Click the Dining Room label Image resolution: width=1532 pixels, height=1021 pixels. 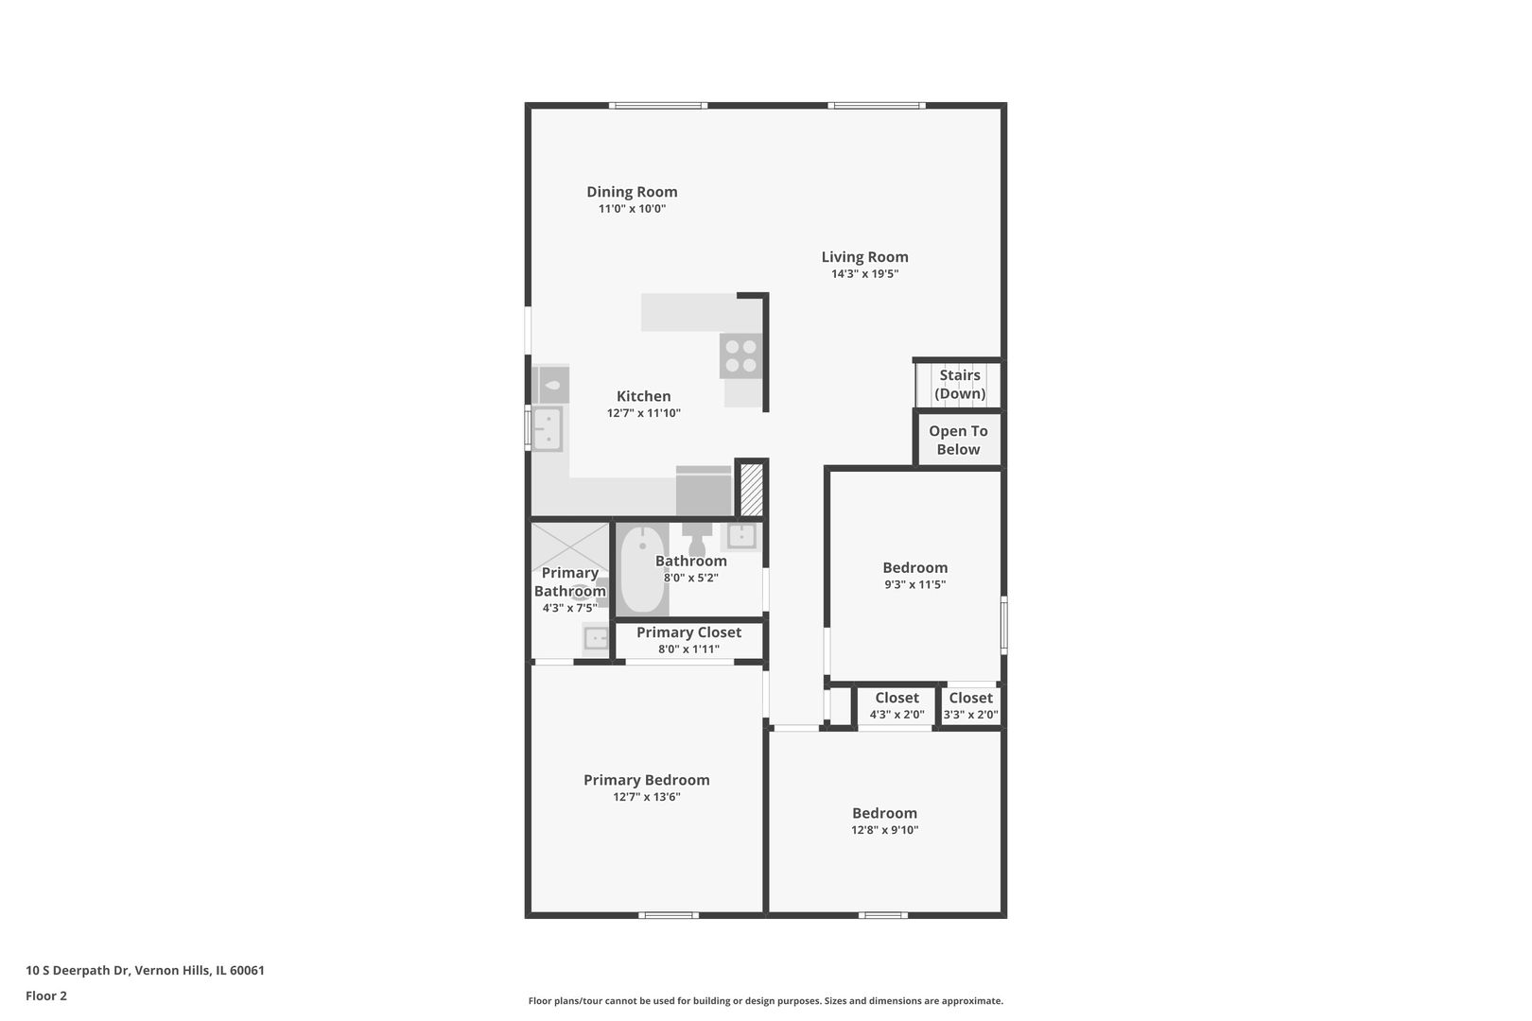[x=632, y=192]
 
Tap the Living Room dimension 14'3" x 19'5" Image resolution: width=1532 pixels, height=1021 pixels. [x=864, y=274]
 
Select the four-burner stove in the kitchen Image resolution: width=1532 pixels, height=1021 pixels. [x=740, y=355]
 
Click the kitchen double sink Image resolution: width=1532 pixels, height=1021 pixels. [x=548, y=429]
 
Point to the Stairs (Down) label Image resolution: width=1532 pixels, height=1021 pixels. [x=960, y=385]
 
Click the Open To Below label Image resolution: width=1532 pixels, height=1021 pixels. [x=958, y=441]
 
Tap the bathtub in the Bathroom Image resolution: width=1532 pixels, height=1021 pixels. [x=644, y=569]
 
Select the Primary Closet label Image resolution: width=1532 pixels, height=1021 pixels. [x=688, y=632]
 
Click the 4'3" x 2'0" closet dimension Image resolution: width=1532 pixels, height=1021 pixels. [x=897, y=715]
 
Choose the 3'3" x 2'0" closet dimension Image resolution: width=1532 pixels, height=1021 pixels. [x=970, y=715]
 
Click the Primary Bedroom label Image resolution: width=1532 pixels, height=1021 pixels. [x=646, y=780]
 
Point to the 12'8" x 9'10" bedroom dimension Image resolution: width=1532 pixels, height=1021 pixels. [x=884, y=830]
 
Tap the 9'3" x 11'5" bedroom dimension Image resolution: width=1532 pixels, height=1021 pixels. [x=914, y=584]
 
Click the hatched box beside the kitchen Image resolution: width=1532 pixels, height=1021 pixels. [x=752, y=490]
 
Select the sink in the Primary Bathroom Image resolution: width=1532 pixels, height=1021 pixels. [x=596, y=639]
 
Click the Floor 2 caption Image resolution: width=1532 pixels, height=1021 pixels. [x=46, y=995]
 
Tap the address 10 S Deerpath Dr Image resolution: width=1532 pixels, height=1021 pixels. [x=78, y=970]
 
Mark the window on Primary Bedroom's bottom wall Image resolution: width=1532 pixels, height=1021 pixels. [x=669, y=915]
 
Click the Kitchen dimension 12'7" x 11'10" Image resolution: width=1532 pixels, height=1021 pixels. [x=644, y=413]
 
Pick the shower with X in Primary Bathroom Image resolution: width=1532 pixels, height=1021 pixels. [x=570, y=547]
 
